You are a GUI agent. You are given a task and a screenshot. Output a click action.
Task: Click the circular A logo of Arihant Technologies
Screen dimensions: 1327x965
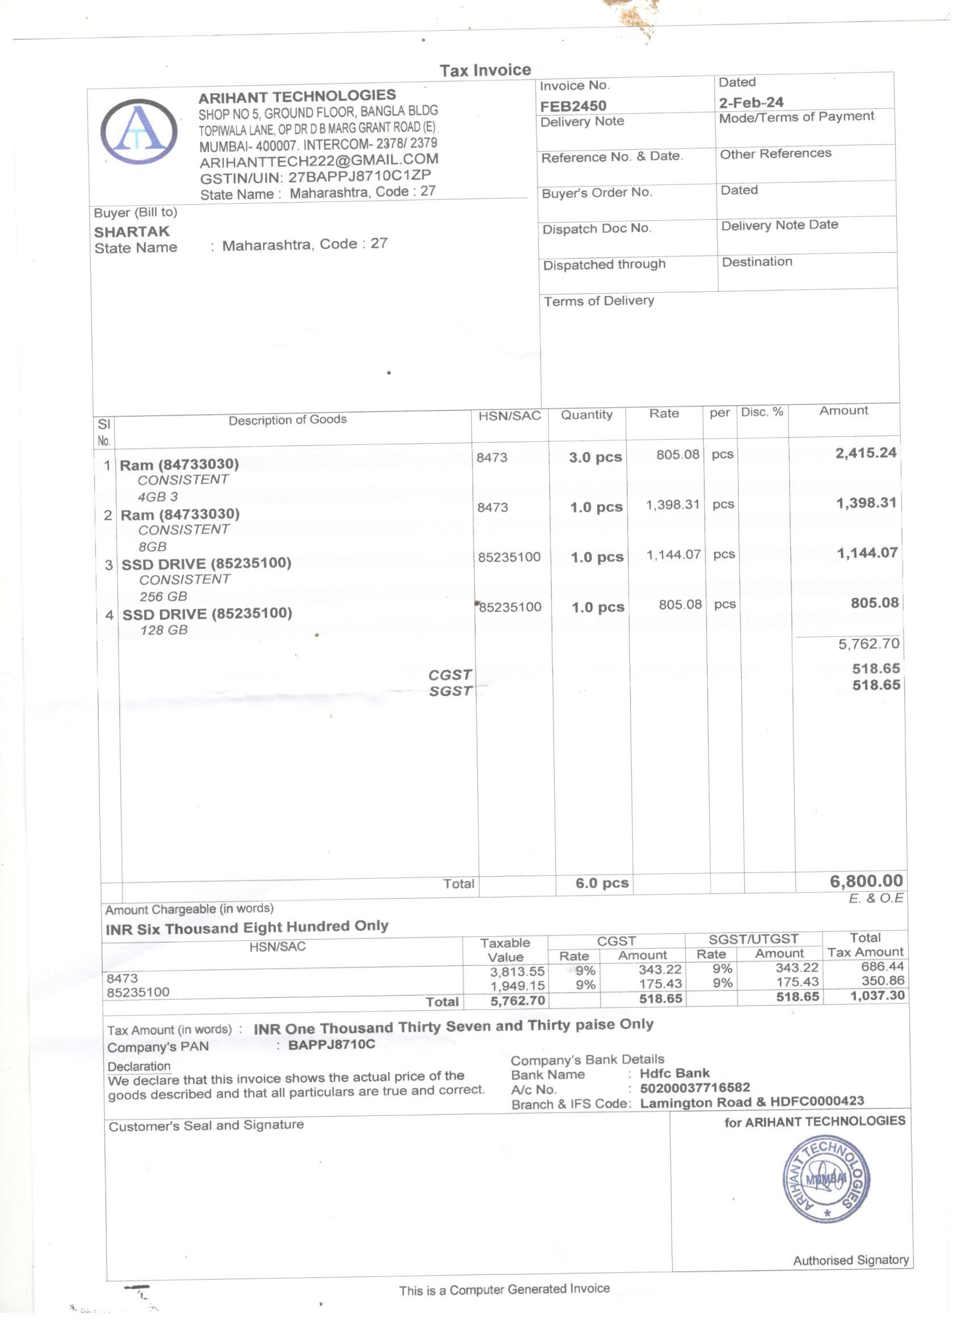(139, 132)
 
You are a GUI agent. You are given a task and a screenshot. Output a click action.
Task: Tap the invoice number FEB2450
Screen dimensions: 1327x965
(573, 106)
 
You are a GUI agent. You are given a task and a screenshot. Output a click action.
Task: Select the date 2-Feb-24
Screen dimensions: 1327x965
(751, 102)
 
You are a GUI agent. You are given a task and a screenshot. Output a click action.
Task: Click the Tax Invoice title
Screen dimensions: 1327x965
(485, 70)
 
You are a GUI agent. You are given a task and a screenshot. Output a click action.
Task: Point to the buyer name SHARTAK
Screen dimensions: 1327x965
(132, 232)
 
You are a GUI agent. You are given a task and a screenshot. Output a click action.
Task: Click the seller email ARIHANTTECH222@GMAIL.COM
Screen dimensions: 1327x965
(319, 160)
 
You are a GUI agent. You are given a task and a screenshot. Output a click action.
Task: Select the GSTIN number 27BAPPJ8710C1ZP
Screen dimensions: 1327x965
(359, 176)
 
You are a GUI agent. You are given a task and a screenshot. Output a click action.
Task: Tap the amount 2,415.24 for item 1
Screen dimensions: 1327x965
(866, 453)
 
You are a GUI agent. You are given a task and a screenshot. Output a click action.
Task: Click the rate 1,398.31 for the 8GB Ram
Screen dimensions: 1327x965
(673, 504)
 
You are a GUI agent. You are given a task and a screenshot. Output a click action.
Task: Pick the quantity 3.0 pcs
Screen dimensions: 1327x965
(595, 457)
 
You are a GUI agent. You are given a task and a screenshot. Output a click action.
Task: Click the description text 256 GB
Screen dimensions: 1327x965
(163, 596)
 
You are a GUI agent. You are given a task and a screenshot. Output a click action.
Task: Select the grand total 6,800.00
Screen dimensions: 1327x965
(866, 880)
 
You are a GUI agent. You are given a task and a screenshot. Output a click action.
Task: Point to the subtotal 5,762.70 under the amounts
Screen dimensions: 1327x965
(868, 644)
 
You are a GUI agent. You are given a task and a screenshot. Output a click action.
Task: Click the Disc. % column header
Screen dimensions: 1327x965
(762, 412)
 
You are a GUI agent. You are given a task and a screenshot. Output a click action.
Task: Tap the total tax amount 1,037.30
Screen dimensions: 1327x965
(877, 996)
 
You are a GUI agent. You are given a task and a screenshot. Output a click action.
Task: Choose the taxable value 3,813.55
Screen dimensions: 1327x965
(517, 971)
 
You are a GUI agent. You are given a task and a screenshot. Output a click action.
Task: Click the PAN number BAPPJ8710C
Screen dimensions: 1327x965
(332, 1044)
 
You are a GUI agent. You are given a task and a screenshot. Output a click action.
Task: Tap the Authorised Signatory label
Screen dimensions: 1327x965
(851, 1259)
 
